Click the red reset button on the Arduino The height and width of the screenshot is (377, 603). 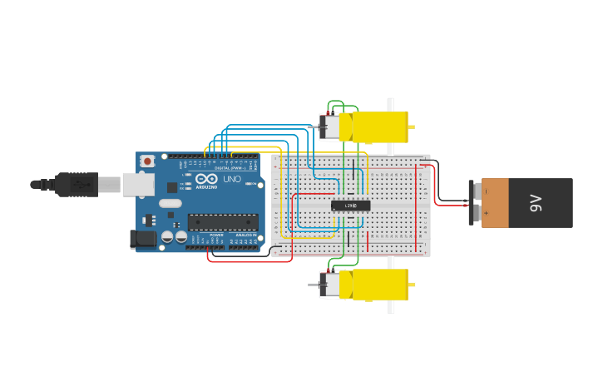[x=147, y=161]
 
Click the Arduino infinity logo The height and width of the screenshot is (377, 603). [x=203, y=178]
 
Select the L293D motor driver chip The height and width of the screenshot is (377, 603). [x=350, y=205]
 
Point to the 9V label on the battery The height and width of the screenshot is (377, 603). [x=536, y=202]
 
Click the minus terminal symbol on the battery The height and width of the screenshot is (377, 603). [x=486, y=191]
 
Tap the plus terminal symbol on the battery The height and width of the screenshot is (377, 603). [x=486, y=213]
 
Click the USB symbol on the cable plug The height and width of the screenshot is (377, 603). [x=82, y=184]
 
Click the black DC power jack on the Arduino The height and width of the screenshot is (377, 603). [x=143, y=239]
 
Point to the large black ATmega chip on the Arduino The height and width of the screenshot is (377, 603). [x=222, y=221]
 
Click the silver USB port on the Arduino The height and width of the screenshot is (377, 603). [x=137, y=184]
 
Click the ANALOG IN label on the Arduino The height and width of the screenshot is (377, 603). [x=245, y=236]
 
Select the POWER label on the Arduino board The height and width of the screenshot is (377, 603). [x=216, y=236]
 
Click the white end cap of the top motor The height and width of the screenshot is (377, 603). [x=330, y=126]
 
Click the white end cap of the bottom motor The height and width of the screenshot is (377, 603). [x=330, y=285]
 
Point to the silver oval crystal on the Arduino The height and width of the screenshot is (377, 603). [x=170, y=203]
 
